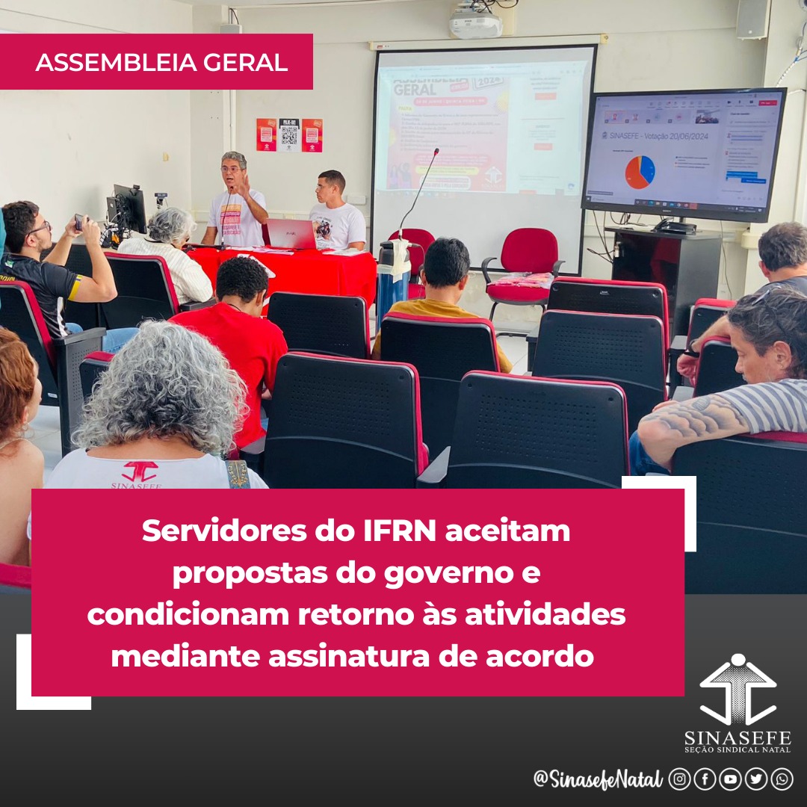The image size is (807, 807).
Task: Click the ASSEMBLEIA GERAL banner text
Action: [161, 63]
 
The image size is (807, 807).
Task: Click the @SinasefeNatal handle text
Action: [598, 779]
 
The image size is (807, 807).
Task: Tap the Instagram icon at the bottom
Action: [679, 779]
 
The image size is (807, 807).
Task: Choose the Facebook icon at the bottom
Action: [705, 779]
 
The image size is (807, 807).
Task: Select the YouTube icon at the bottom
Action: [730, 779]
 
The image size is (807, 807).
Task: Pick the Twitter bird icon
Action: [756, 779]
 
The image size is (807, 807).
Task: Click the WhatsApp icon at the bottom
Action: [782, 779]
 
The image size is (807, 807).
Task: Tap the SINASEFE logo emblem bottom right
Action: [738, 691]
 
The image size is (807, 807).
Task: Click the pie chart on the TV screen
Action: [640, 172]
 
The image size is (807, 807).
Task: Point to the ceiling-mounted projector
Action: [476, 22]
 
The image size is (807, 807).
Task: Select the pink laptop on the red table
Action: [291, 234]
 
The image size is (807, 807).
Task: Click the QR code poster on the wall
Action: [289, 134]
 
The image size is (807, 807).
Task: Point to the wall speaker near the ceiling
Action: [752, 19]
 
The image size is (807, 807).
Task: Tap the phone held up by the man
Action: [79, 222]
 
